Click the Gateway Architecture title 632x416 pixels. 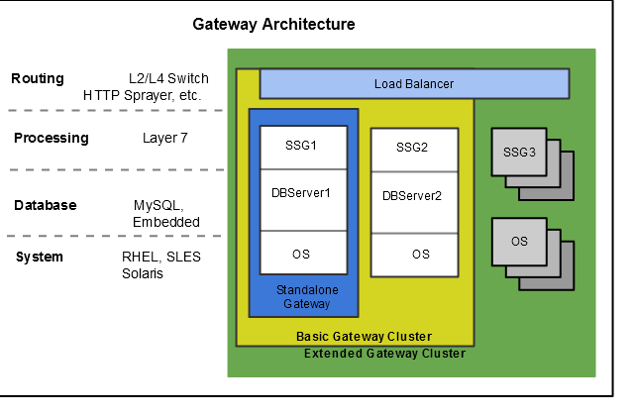point(273,24)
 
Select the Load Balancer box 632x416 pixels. point(414,83)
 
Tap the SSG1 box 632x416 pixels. point(301,146)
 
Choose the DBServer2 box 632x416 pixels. point(412,195)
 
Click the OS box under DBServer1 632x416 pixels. point(301,255)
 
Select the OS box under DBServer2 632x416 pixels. point(421,255)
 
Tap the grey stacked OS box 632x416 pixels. point(519,241)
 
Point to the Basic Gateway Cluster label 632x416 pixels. point(364,337)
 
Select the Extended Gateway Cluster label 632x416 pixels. point(384,354)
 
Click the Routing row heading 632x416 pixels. point(38,79)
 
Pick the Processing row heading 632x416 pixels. point(52,139)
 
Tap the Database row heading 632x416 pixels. point(46,205)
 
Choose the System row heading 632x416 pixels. point(40,258)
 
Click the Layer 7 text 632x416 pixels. point(166,139)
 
